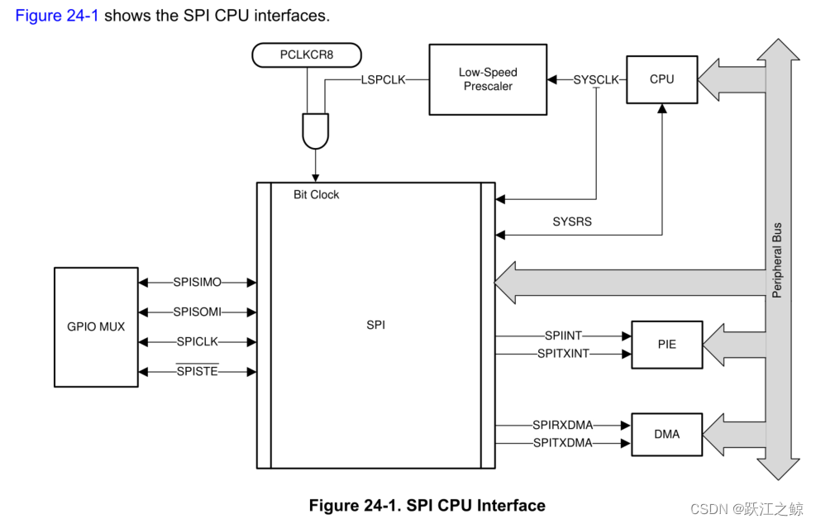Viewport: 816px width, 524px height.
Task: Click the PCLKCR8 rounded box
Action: pyautogui.click(x=307, y=55)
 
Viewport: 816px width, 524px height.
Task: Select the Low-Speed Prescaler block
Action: pyautogui.click(x=487, y=79)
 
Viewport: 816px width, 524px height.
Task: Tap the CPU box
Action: pyautogui.click(x=661, y=79)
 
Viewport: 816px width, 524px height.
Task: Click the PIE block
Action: pyautogui.click(x=666, y=344)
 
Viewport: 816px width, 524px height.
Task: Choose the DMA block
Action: pyautogui.click(x=666, y=433)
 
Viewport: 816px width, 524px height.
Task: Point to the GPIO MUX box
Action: pyautogui.click(x=96, y=326)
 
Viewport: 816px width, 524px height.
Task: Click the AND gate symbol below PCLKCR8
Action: pyautogui.click(x=316, y=131)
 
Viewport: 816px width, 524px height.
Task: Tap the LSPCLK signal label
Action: pyautogui.click(x=383, y=80)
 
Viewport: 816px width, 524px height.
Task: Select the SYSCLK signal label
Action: pyautogui.click(x=596, y=80)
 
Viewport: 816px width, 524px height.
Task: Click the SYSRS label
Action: pyautogui.click(x=572, y=222)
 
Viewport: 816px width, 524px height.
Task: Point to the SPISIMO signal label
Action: pyautogui.click(x=198, y=283)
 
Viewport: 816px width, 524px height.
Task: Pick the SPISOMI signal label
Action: pyautogui.click(x=198, y=312)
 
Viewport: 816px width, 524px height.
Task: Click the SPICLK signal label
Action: pyautogui.click(x=198, y=341)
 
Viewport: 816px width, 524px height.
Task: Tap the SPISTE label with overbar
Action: pyautogui.click(x=198, y=371)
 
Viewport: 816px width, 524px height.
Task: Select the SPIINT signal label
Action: pyautogui.click(x=563, y=336)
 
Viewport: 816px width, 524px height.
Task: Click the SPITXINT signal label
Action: pyautogui.click(x=563, y=353)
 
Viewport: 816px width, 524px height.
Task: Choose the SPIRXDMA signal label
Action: pyautogui.click(x=563, y=425)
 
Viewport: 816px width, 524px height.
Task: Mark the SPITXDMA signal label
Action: pyautogui.click(x=563, y=443)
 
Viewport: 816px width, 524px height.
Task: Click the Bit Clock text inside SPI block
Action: pyautogui.click(x=317, y=194)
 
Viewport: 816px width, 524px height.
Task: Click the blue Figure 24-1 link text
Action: pyautogui.click(x=57, y=16)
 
